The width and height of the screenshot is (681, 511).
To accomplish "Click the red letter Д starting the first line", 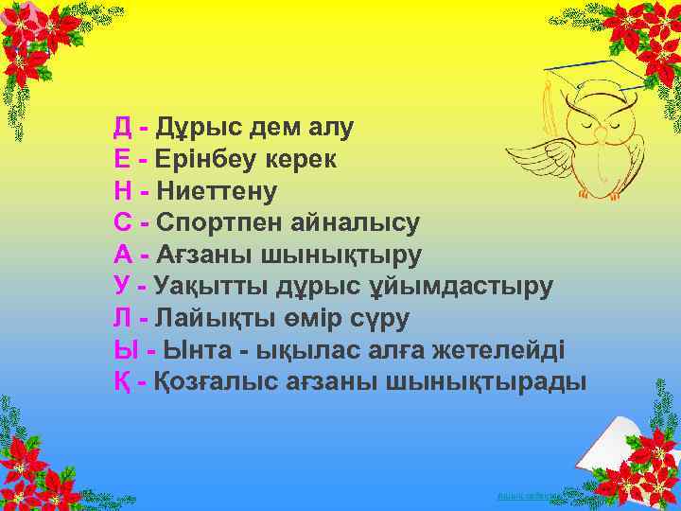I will coord(123,127).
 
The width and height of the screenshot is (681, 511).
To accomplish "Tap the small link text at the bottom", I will coord(528,496).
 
